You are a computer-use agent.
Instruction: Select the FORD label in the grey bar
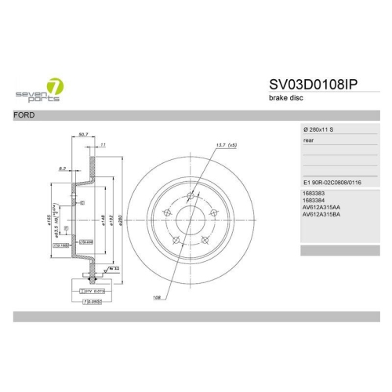(25, 114)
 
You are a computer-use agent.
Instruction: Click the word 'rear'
(308, 140)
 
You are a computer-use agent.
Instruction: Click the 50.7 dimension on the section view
(85, 135)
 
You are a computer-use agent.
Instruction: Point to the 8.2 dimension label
(62, 168)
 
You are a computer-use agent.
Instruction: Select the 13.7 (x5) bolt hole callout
(225, 146)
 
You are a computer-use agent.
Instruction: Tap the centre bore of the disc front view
(184, 216)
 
